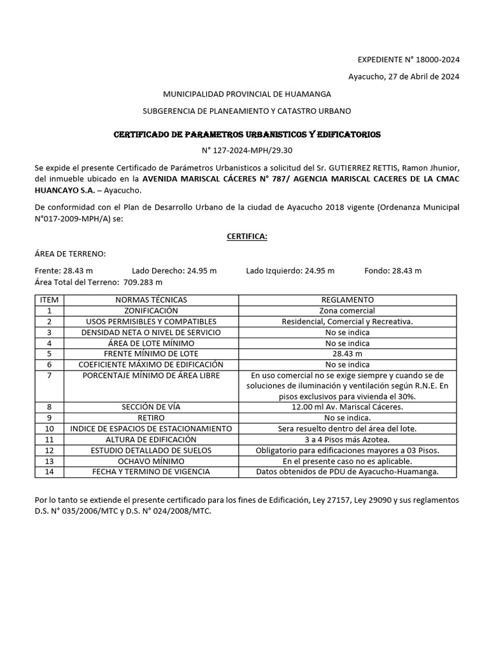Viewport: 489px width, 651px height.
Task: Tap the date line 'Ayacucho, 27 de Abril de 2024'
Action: coord(403,77)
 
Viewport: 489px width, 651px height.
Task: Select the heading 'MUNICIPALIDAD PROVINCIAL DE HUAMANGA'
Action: coord(247,94)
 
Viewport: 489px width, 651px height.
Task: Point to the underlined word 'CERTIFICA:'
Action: coord(247,236)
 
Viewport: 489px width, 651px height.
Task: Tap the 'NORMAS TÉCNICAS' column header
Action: coord(151,299)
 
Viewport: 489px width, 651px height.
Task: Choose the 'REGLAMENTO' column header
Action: coord(347,299)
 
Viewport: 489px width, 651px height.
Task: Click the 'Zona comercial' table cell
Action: coord(347,311)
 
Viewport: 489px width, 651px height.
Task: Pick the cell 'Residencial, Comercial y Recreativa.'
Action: coord(347,322)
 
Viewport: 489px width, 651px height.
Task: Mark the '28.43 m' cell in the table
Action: coord(347,353)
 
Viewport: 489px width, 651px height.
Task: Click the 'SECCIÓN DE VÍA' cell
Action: coord(151,407)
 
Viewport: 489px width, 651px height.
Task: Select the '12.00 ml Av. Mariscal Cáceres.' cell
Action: coord(347,407)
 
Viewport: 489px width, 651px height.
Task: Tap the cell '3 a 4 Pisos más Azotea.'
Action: coord(347,439)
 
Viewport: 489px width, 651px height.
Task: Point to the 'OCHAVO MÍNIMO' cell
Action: coord(151,461)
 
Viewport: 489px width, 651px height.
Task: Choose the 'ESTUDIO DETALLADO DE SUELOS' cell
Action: coord(151,450)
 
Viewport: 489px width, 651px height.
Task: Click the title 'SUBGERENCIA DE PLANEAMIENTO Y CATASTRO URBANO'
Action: coord(247,111)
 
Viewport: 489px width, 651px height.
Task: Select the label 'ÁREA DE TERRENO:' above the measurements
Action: coord(70,254)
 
